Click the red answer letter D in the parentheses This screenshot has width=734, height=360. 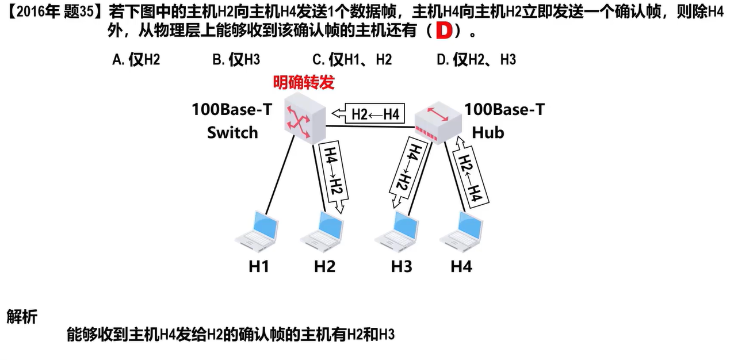(444, 31)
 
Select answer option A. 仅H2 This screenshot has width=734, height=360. (136, 60)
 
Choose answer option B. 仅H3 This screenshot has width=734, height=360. (236, 60)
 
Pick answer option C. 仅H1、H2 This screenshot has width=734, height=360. (352, 60)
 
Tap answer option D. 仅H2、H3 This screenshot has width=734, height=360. (476, 60)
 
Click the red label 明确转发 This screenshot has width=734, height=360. (304, 82)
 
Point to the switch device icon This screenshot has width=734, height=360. (305, 118)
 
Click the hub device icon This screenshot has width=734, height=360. (438, 122)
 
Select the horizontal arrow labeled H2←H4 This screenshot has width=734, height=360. (368, 114)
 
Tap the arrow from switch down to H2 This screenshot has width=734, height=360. (334, 177)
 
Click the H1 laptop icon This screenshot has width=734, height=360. (257, 232)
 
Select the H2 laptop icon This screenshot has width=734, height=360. (322, 232)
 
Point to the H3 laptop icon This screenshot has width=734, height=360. (396, 232)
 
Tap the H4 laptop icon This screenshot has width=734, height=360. (461, 232)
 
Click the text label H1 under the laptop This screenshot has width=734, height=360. (259, 266)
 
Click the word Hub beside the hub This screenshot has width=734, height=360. (488, 133)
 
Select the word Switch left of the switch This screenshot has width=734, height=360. (232, 133)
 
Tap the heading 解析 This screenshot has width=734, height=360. (22, 316)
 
